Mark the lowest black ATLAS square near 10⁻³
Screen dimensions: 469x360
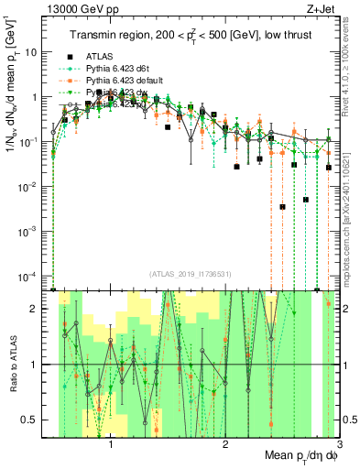tap(282, 207)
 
